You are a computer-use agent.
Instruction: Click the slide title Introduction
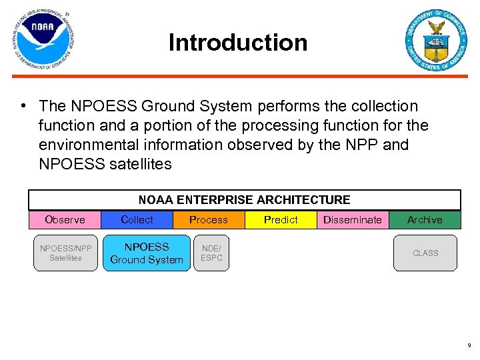click(238, 43)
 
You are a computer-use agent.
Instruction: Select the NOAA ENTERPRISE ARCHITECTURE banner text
click(244, 199)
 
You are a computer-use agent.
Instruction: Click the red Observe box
click(65, 220)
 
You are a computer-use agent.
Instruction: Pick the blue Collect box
click(137, 220)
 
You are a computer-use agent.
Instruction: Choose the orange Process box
click(208, 220)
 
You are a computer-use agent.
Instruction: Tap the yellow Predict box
click(281, 220)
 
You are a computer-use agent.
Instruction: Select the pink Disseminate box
click(352, 220)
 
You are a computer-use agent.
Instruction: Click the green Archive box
click(425, 220)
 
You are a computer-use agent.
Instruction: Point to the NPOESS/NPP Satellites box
click(65, 253)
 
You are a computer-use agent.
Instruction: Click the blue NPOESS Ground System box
click(147, 253)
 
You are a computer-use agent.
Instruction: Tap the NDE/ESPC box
click(211, 253)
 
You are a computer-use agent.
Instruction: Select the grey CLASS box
click(425, 253)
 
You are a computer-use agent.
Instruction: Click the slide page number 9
click(468, 346)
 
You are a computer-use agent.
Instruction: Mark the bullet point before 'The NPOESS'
click(23, 107)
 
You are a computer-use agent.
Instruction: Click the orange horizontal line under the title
click(240, 77)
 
